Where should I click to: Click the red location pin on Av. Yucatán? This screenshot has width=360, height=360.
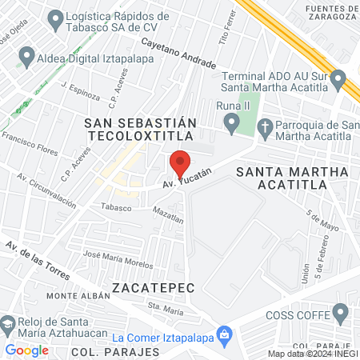180,162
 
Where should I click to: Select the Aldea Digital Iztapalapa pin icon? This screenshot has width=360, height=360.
26,57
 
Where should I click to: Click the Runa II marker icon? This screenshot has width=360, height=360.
232,124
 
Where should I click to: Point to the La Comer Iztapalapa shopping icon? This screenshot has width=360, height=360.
224,334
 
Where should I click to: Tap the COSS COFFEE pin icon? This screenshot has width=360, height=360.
342,313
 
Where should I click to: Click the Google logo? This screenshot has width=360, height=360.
27,350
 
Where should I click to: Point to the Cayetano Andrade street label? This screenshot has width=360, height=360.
178,52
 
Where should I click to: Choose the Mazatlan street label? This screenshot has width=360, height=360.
168,214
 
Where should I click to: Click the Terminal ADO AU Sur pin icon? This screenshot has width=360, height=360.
338,80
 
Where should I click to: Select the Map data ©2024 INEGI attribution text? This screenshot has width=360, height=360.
313,354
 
